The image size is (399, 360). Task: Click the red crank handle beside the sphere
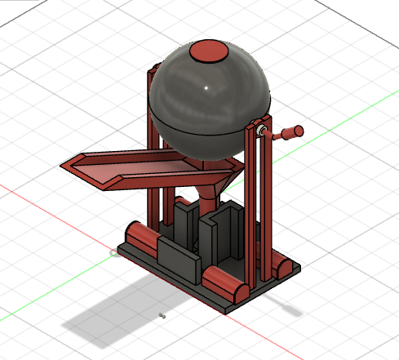point(288,131)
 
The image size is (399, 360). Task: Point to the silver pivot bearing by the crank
point(259,131)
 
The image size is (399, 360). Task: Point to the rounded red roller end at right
point(283,267)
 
